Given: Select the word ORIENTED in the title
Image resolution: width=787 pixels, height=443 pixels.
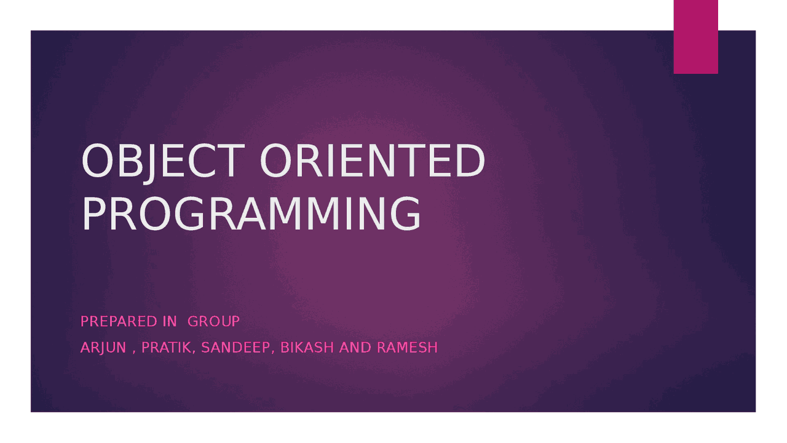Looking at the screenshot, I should coord(373,161).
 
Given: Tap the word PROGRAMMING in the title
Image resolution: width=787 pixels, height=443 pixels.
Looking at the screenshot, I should coord(251,214).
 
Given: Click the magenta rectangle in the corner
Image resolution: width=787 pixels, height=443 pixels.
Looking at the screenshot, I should coord(695,37).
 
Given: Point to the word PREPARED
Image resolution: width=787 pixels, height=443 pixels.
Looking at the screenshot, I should coord(119,321).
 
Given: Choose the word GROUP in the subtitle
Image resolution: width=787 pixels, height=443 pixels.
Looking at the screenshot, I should coord(213,321).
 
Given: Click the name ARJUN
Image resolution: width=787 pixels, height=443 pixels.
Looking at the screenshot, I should coord(103,348).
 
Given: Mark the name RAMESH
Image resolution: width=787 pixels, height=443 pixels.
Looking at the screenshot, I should coord(407,348).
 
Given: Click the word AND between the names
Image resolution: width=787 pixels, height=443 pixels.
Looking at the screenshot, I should coord(355,348).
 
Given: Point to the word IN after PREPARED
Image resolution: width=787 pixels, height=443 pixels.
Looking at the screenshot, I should coord(170,321).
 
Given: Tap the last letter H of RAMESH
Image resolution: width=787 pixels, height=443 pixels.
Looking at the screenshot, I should coord(432,348).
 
